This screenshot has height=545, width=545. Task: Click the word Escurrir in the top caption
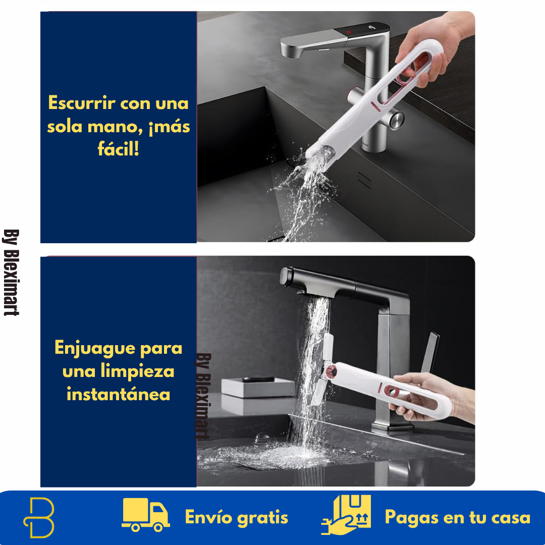(x=81, y=103)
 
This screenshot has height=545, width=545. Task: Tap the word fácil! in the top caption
(x=118, y=149)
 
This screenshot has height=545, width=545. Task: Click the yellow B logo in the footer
(x=39, y=517)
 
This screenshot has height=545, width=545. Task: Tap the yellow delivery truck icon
(x=145, y=515)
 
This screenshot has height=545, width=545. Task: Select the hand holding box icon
(x=346, y=515)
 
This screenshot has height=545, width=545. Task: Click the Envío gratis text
(x=236, y=517)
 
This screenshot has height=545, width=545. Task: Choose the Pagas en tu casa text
(x=457, y=517)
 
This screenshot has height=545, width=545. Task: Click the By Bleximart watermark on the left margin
(x=11, y=272)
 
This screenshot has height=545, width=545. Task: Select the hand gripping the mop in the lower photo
(x=429, y=399)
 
